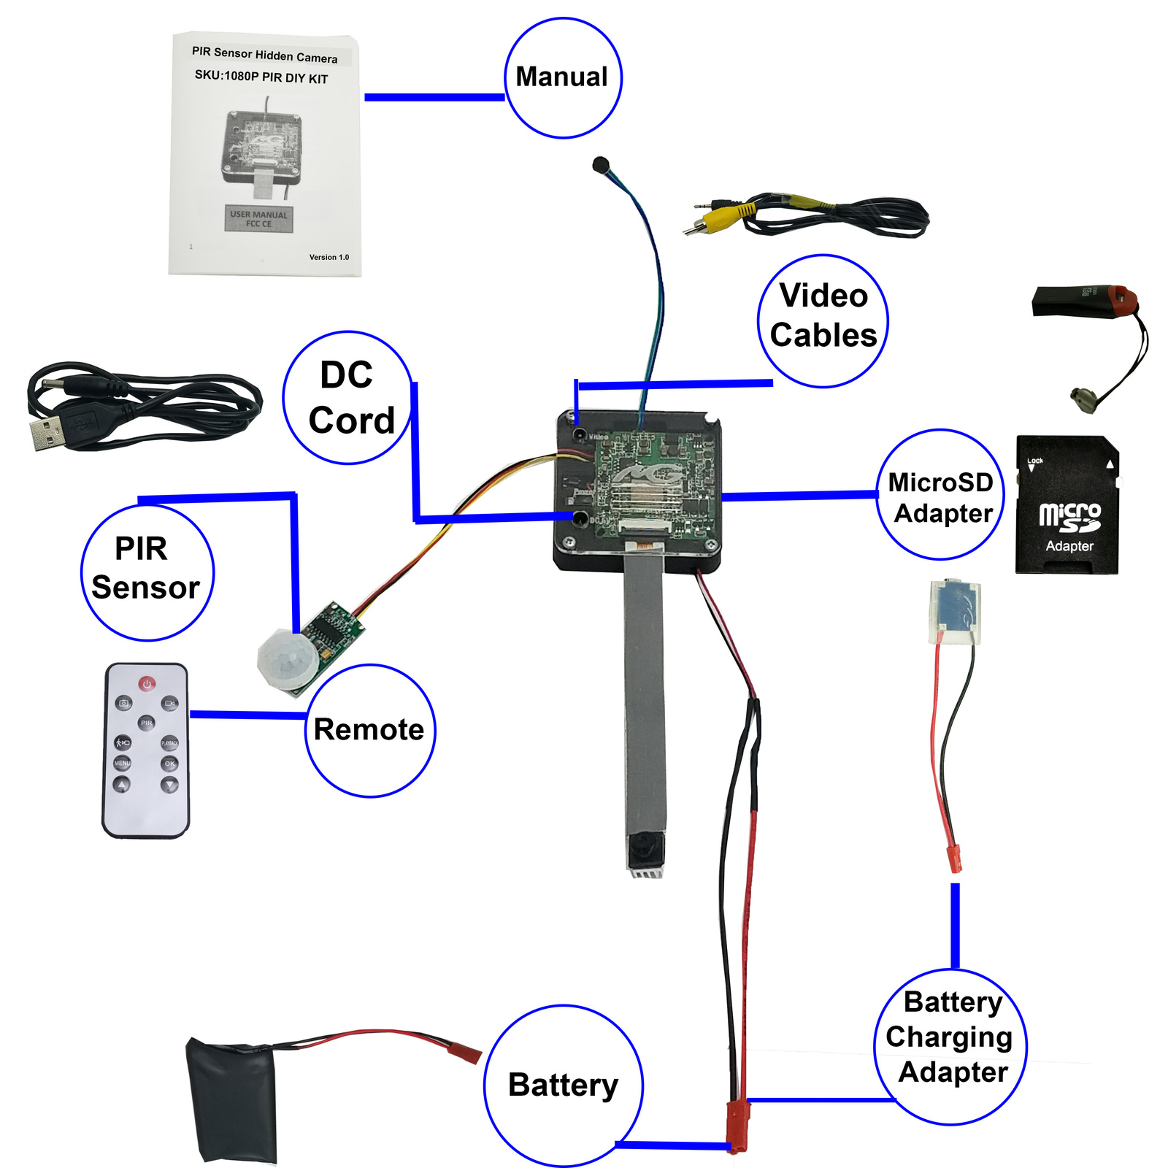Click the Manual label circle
point(563,78)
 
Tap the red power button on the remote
point(147,684)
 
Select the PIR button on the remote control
point(147,723)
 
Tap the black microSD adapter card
point(1067,505)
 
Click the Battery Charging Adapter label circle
point(950,1046)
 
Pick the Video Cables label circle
point(823,321)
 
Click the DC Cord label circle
point(349,398)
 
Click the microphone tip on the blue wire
point(601,164)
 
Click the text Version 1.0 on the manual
point(328,257)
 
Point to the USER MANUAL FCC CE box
point(258,219)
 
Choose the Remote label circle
point(369,730)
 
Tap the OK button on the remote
point(169,764)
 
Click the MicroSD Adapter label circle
point(940,495)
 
